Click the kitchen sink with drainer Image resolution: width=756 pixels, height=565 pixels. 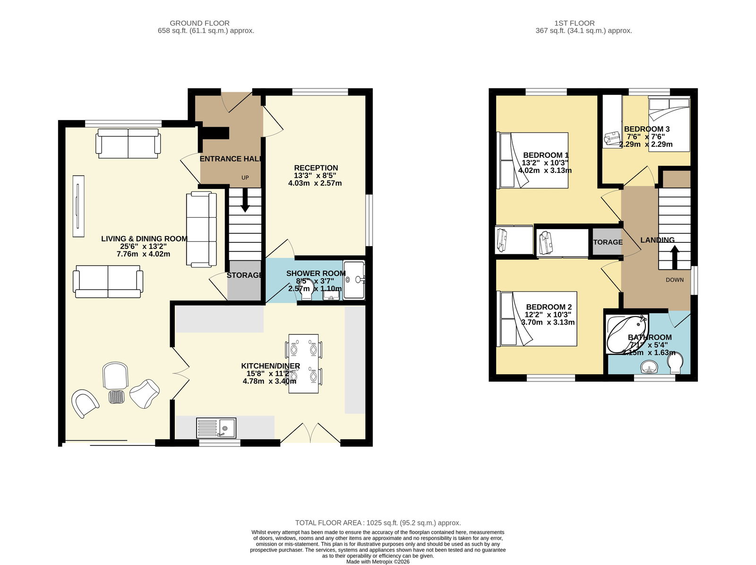coord(216,428)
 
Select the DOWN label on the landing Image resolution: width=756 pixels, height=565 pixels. coord(674,280)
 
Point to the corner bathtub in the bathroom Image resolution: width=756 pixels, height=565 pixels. coord(627,334)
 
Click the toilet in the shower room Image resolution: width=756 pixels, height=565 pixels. coord(307,290)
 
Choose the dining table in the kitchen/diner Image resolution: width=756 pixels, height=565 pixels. coord(303,364)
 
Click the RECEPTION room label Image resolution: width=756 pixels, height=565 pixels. coord(316,168)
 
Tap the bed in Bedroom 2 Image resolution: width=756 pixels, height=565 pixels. coord(537,319)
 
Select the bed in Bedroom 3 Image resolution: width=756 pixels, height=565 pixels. coord(669,124)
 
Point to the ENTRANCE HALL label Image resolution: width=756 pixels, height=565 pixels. coord(231,159)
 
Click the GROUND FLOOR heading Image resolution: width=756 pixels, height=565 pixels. coord(199,23)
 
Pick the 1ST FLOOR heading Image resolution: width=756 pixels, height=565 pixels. coord(574,23)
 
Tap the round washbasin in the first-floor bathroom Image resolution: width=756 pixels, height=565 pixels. coord(649,367)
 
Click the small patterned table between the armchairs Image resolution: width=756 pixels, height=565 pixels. coord(116,397)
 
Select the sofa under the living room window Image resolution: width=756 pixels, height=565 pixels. coord(128,144)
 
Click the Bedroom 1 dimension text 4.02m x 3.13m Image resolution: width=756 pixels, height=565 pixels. coord(545,171)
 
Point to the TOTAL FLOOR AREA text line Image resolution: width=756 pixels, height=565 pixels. coord(378,522)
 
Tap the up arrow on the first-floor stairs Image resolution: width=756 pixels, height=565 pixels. coord(674,257)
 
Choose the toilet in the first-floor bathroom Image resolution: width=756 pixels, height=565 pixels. coord(675,364)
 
